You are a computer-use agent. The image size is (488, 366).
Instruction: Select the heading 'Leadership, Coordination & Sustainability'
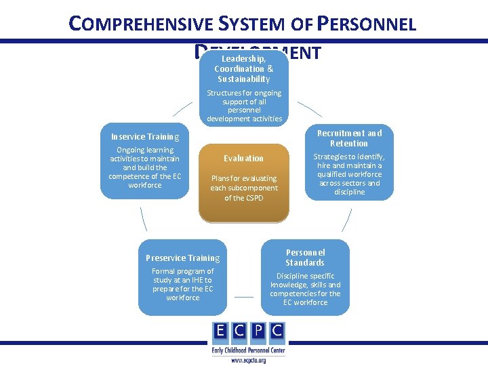(244, 69)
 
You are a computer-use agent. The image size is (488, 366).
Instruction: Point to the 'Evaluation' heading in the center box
(244, 159)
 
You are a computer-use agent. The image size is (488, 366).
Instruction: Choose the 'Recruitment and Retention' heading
(349, 138)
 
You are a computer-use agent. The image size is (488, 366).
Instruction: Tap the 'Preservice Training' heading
(183, 258)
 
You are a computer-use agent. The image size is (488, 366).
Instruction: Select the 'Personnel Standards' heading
(305, 258)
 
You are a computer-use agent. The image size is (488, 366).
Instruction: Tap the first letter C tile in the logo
(239, 332)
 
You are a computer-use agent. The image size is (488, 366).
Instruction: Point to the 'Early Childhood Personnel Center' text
(249, 350)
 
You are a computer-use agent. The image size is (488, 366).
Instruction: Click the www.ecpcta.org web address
(249, 360)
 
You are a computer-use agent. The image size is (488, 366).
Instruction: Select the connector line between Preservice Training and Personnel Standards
(244, 296)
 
